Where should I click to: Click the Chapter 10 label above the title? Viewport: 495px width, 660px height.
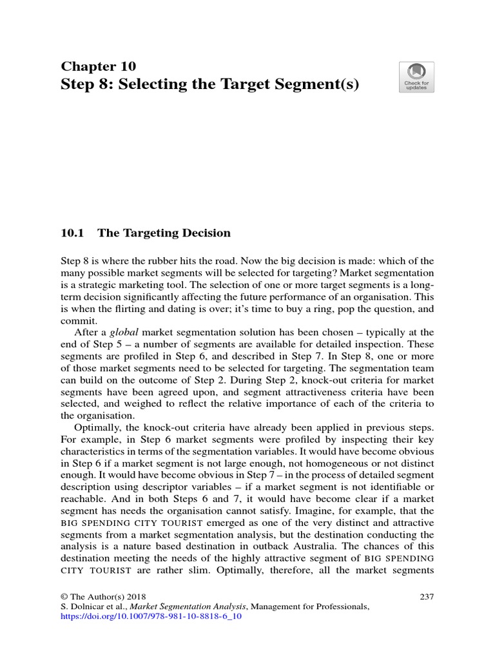(x=98, y=66)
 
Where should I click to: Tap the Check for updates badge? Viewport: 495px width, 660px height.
(x=416, y=77)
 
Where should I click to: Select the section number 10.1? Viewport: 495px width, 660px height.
(x=72, y=233)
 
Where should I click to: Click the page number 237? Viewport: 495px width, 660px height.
(x=426, y=596)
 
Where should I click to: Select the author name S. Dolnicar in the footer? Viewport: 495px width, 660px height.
(x=84, y=607)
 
